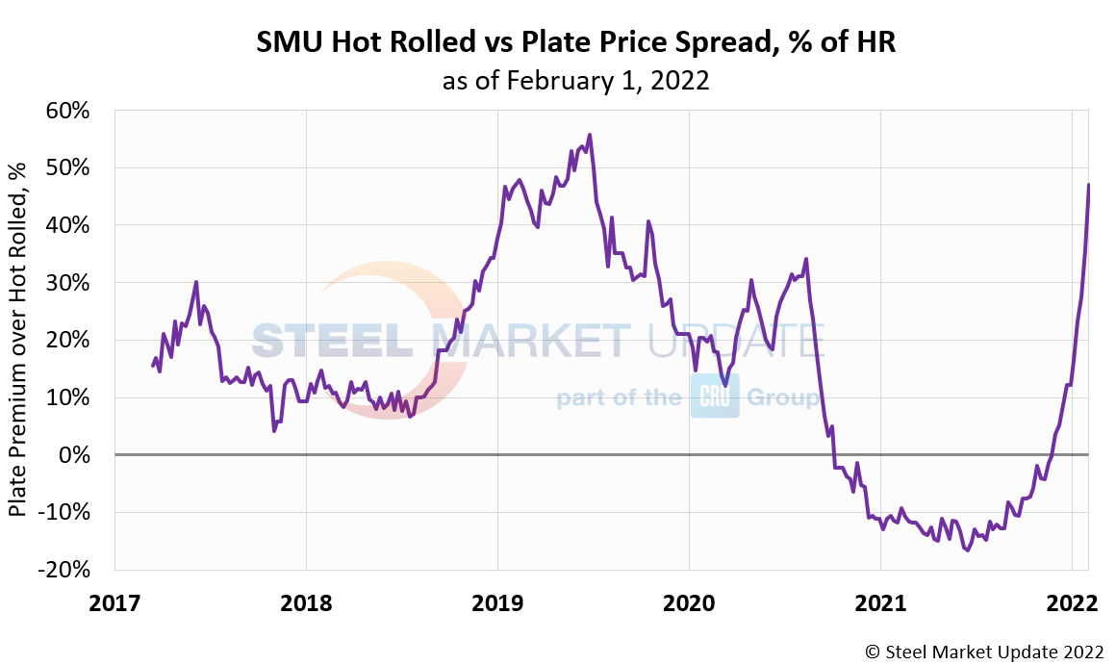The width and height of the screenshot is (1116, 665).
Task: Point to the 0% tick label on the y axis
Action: click(x=77, y=454)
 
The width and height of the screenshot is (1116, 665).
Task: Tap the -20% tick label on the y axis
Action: click(x=65, y=569)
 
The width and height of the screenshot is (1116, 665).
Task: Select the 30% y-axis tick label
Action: click(x=70, y=283)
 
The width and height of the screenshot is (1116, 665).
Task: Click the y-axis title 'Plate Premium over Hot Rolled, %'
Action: click(x=17, y=340)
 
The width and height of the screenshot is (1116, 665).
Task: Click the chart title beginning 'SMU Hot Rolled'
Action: click(x=575, y=43)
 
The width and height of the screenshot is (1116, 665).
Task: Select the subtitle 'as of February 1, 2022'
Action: click(x=575, y=81)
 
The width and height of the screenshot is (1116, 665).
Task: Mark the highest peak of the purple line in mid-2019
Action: click(x=590, y=135)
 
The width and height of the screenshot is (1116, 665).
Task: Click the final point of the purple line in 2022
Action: click(x=1089, y=184)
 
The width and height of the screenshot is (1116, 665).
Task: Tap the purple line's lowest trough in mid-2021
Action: click(x=967, y=550)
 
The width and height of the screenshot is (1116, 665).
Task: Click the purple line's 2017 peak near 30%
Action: click(x=196, y=282)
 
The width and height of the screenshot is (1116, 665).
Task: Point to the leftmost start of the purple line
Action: click(x=152, y=366)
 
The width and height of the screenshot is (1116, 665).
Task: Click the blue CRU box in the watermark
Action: click(x=714, y=396)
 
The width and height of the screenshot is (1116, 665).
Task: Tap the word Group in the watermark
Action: click(x=783, y=396)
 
